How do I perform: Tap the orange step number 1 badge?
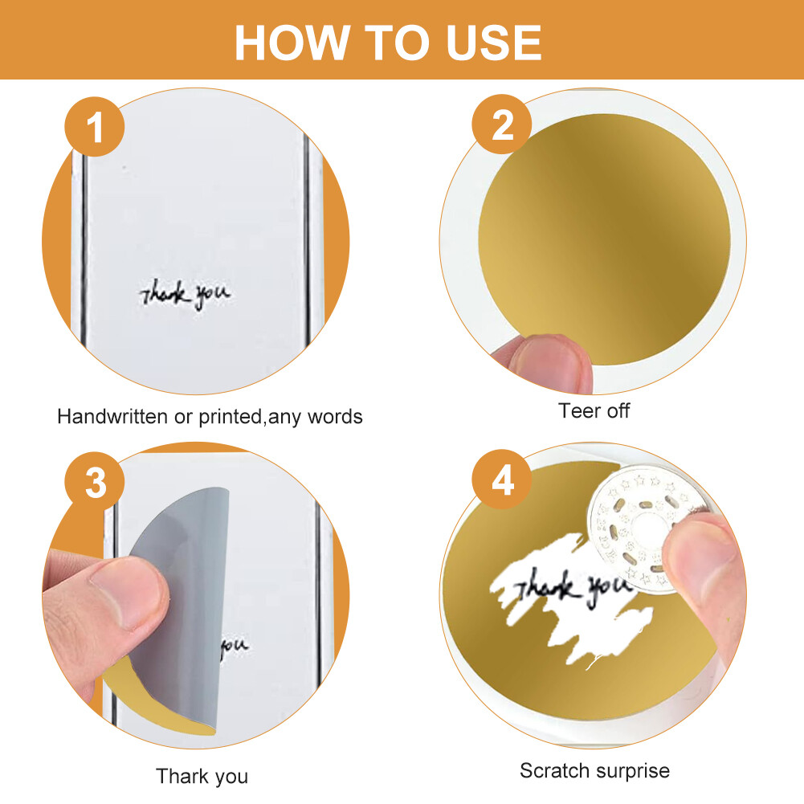[94, 127]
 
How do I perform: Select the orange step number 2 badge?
[502, 124]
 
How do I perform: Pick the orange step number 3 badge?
[94, 481]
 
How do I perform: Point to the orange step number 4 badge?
[502, 480]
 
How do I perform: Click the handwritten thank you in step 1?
[185, 295]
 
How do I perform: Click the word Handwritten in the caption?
[112, 416]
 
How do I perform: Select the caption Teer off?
[594, 410]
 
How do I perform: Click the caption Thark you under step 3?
[202, 777]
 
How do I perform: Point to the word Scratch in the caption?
[554, 771]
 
